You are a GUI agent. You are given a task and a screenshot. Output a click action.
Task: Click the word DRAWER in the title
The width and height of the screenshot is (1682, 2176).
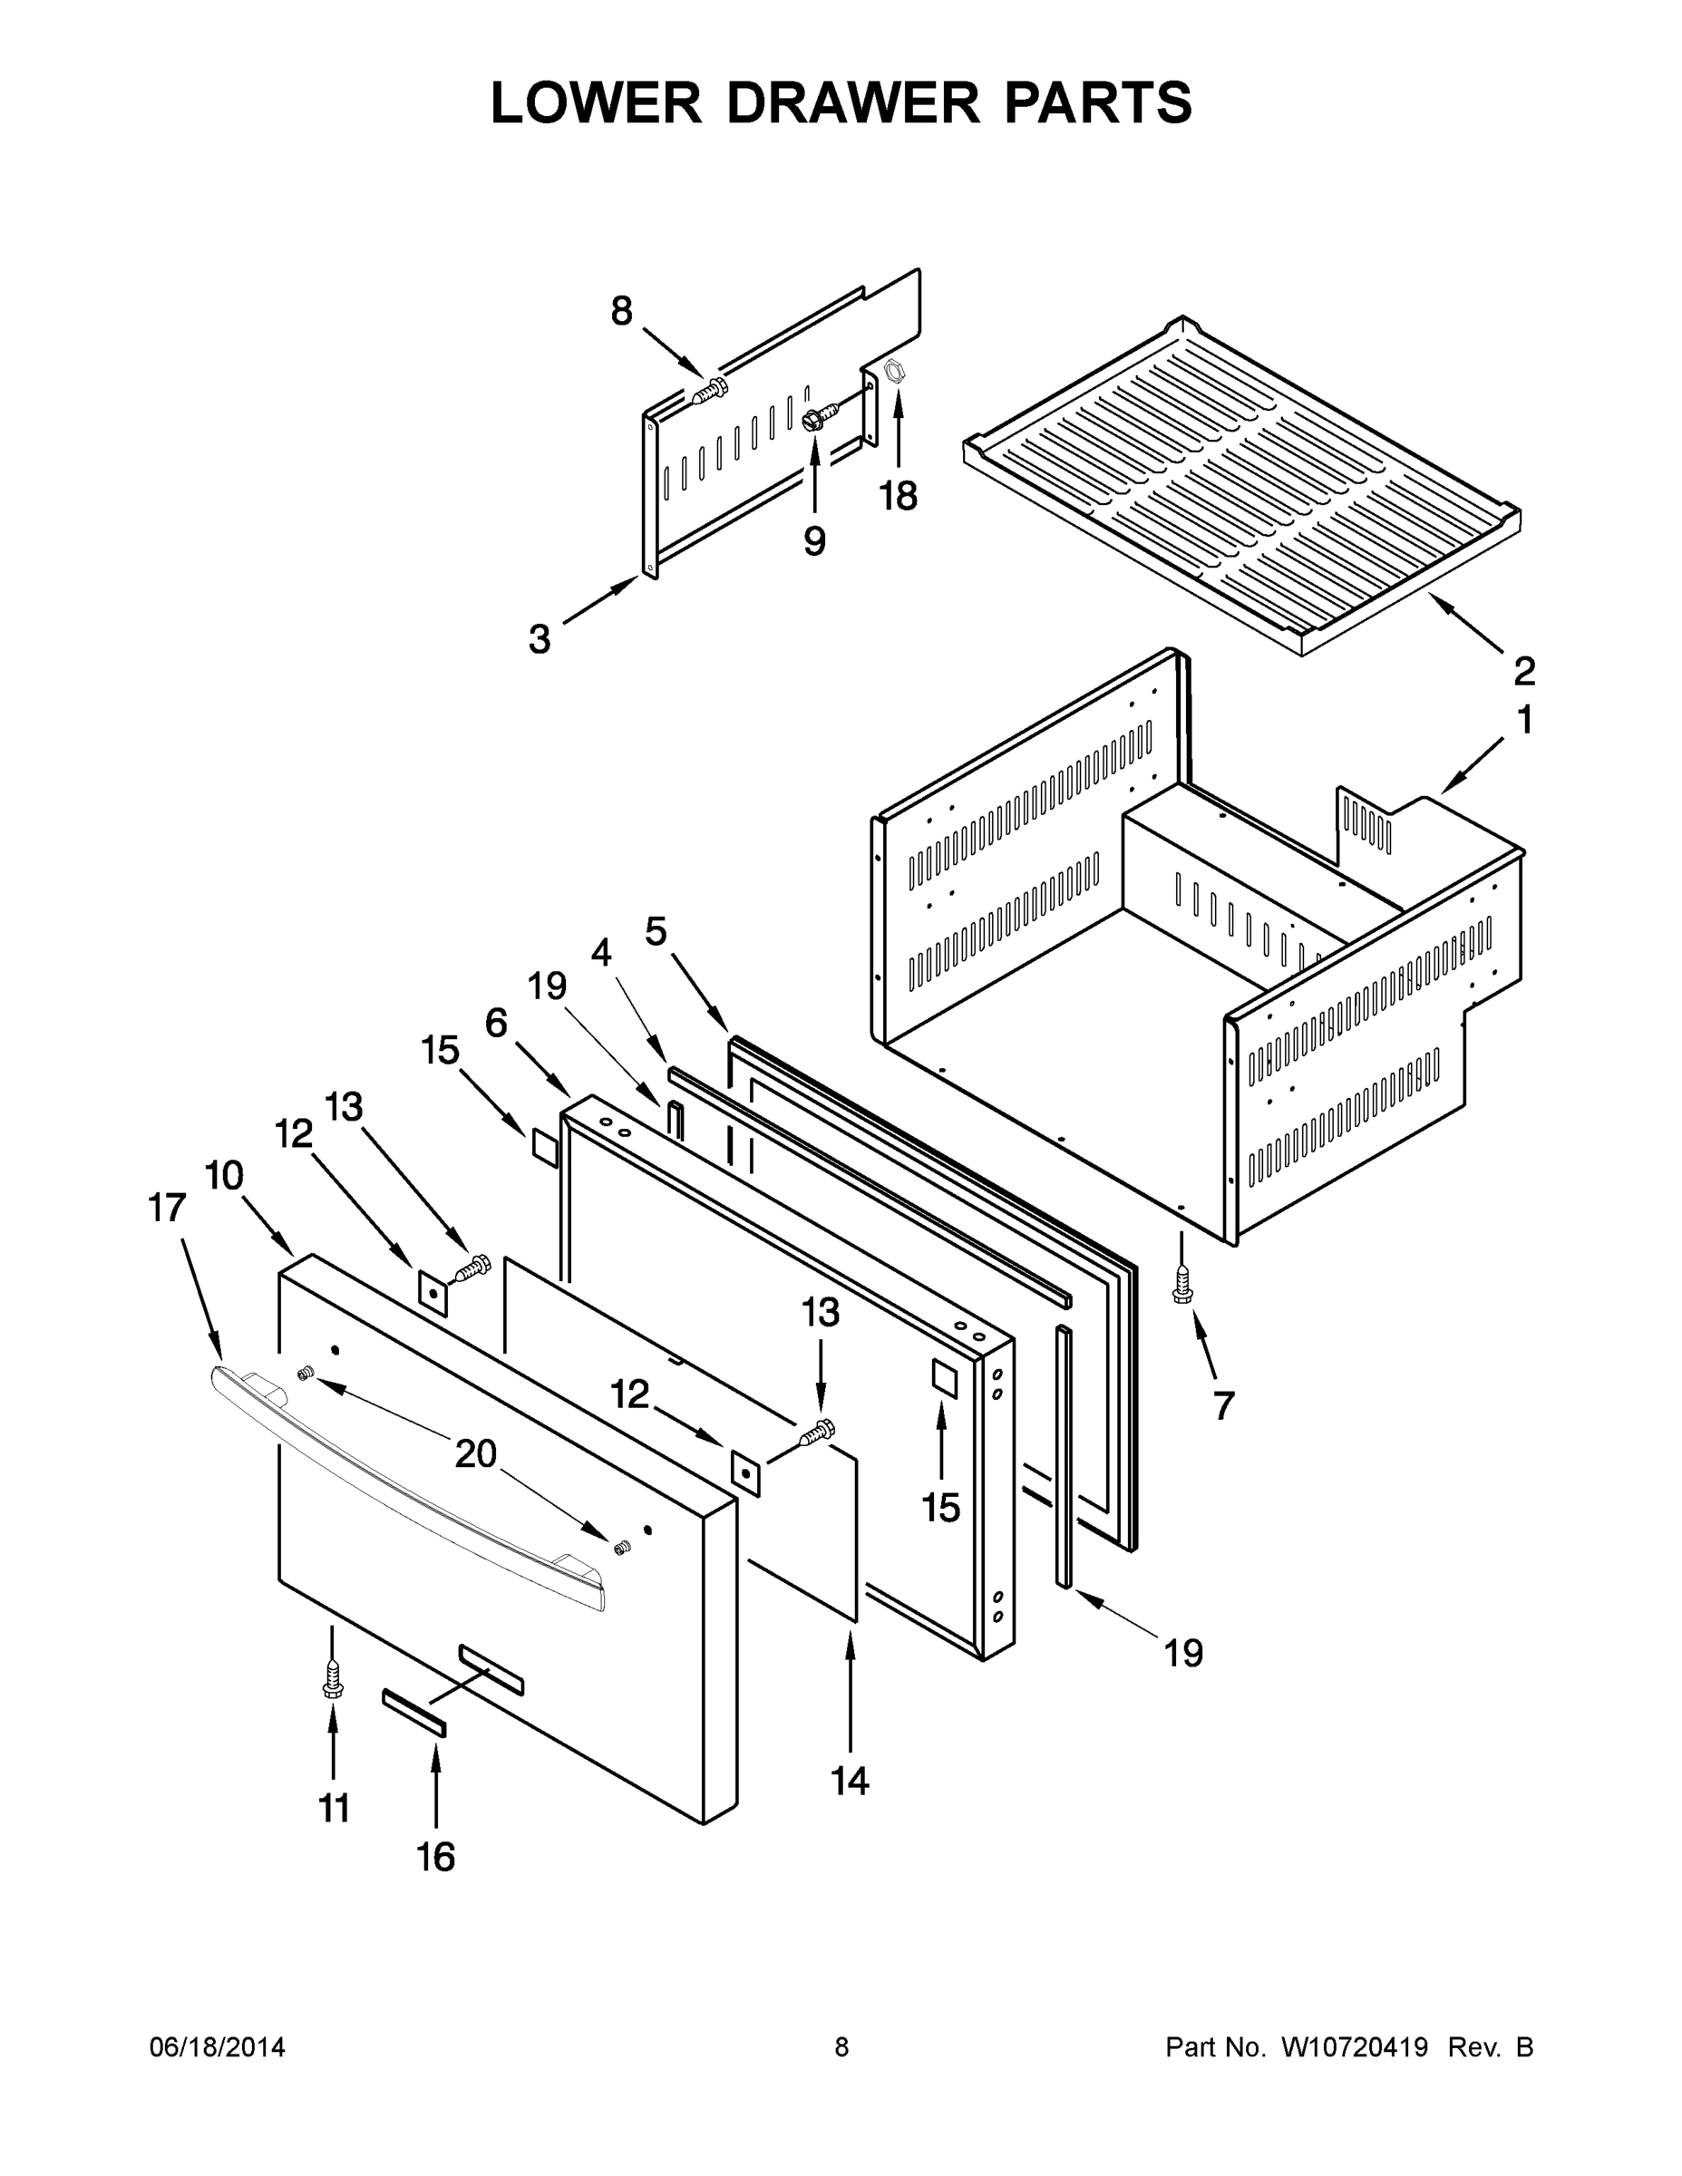[853, 102]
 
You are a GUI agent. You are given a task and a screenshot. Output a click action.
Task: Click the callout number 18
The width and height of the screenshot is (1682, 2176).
[898, 495]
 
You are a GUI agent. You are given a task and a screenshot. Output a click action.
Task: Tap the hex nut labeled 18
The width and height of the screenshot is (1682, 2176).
[895, 372]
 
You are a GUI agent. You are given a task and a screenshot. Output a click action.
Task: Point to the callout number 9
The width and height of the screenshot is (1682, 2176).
[814, 541]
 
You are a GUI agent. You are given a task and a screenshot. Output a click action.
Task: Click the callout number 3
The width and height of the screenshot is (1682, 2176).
[540, 638]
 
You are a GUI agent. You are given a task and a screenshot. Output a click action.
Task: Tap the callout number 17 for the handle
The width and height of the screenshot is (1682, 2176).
[168, 1208]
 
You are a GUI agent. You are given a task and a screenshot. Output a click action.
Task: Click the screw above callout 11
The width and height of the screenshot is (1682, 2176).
[333, 1683]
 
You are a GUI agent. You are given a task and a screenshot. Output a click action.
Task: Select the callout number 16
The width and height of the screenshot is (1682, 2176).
[435, 1856]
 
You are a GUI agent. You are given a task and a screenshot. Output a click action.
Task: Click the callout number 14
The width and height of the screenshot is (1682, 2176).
[850, 1780]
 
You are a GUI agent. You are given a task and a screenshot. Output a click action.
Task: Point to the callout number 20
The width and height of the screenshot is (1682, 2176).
[475, 1453]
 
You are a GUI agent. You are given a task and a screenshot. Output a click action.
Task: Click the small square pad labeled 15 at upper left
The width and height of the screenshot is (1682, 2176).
[544, 1148]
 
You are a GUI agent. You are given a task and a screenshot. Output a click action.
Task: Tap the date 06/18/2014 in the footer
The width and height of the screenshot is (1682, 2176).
[218, 2047]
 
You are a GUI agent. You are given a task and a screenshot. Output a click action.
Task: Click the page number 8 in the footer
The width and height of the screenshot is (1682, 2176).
[842, 2047]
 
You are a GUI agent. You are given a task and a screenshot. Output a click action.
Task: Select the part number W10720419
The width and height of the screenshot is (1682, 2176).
[1353, 2047]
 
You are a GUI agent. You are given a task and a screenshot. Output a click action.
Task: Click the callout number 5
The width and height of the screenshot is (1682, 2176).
[655, 931]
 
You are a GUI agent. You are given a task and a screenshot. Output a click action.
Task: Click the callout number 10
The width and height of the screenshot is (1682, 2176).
[224, 1176]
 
